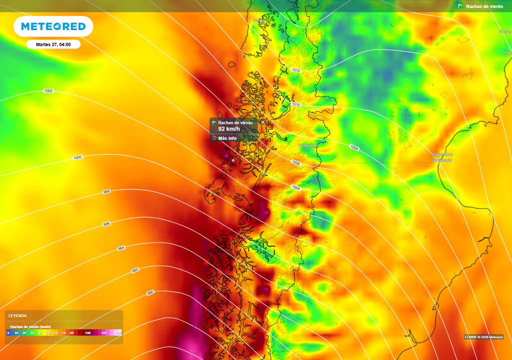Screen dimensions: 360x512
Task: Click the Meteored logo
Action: (53, 26)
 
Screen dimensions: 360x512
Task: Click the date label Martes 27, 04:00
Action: (53, 44)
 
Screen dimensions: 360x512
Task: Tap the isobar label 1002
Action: (48, 91)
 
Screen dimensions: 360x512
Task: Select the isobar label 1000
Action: (77, 157)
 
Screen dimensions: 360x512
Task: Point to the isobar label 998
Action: (106, 191)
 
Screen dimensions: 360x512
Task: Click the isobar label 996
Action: (106, 224)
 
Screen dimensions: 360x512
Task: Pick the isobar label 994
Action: (121, 248)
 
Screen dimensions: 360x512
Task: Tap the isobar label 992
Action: (135, 270)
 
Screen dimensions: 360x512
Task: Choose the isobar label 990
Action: (150, 292)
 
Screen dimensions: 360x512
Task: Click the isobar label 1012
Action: (296, 70)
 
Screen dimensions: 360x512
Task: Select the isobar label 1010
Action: (296, 104)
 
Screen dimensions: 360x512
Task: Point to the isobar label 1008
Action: (354, 147)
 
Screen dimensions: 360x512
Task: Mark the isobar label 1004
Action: (296, 187)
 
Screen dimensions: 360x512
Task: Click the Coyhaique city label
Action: (308, 145)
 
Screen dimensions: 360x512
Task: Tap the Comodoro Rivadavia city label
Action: (442, 157)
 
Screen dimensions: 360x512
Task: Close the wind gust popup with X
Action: (263, 122)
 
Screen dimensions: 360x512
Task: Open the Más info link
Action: (227, 138)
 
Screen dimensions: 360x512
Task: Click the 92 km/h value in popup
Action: (229, 129)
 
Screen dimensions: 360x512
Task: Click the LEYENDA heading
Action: (17, 315)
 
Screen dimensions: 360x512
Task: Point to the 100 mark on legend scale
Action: (87, 332)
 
